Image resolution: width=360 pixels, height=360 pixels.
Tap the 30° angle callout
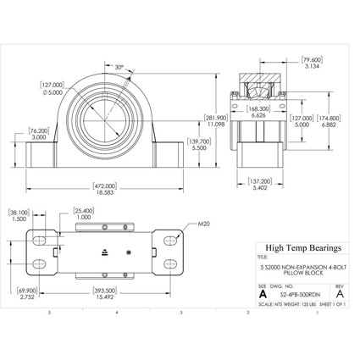click(x=119, y=68)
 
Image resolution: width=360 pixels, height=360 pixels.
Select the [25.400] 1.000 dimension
click(x=83, y=214)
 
